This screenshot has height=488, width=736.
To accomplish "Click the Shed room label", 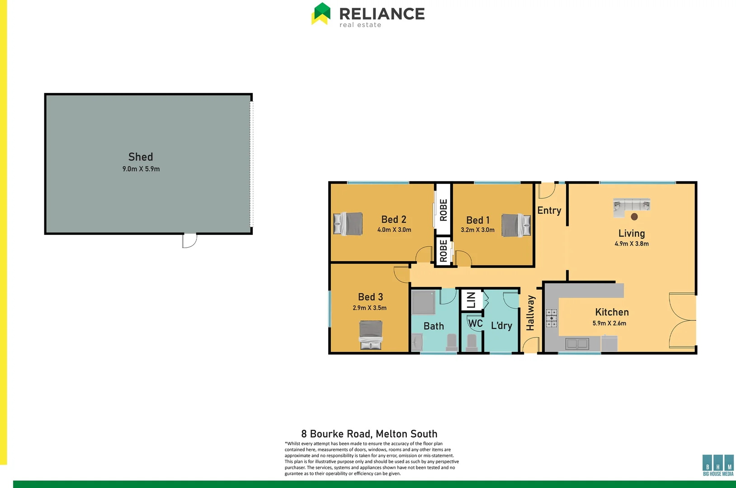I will pos(141,157).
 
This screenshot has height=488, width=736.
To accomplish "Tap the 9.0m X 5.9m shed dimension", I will pos(141,169).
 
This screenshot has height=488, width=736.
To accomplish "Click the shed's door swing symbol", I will pos(189,240).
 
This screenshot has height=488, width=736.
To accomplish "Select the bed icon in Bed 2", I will pos(348,223).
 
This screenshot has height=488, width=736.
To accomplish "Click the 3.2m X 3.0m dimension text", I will pos(477,230).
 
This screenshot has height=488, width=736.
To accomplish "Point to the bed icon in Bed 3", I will pos(371,335).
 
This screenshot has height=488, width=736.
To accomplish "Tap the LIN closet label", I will pos(471,300).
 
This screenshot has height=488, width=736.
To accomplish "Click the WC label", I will pos(475,324).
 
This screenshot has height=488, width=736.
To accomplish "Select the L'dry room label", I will pos(501,326).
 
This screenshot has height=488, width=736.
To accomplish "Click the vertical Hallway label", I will pos(530,313).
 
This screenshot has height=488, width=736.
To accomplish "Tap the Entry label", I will pos(549,211).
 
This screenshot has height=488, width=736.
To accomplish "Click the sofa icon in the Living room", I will pos(632,206).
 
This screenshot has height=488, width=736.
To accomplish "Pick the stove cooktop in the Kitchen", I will pos(551,318).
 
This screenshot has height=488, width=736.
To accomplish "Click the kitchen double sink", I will pos(577,344).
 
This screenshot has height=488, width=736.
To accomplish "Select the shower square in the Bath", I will pos(423,303).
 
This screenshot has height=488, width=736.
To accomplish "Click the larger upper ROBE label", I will pos(443,210).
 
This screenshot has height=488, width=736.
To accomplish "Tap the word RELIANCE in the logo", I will pos(382,14).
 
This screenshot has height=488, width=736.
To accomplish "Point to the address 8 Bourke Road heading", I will pos(369,434).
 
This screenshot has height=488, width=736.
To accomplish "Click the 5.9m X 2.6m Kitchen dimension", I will pos(609,324).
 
